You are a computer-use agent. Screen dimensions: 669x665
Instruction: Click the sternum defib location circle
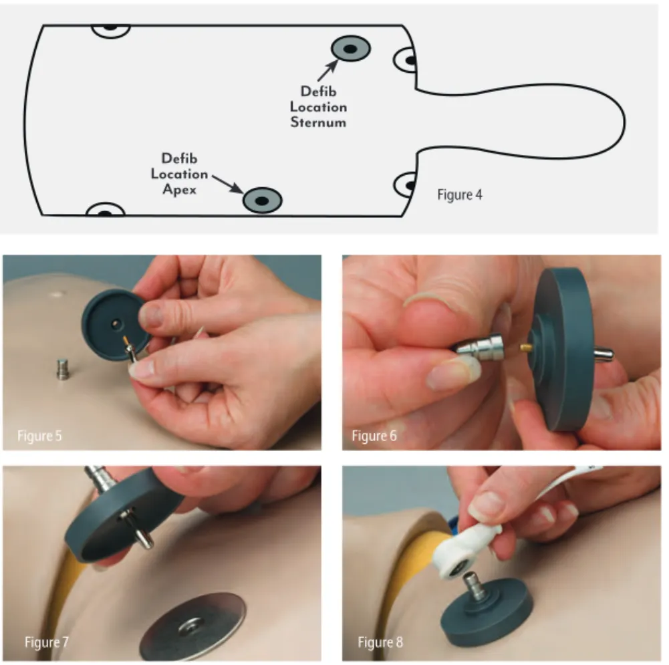(351, 49)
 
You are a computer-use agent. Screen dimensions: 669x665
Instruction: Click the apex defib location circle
(263, 200)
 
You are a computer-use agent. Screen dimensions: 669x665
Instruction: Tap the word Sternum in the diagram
(318, 122)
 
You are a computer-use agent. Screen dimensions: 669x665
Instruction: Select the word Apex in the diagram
(179, 189)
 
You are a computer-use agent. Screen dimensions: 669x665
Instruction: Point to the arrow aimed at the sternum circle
(327, 70)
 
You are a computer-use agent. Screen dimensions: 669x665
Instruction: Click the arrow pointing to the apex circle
(228, 184)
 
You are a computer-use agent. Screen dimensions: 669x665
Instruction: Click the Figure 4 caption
(460, 195)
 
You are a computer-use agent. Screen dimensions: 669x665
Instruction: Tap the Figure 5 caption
(39, 436)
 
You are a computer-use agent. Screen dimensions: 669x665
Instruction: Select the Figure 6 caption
(374, 436)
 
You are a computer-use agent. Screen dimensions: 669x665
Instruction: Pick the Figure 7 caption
(47, 642)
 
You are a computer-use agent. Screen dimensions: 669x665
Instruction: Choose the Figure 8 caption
(380, 642)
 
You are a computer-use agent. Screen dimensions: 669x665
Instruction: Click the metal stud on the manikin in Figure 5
(63, 369)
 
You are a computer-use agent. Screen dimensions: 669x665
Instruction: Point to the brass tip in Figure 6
(525, 348)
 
